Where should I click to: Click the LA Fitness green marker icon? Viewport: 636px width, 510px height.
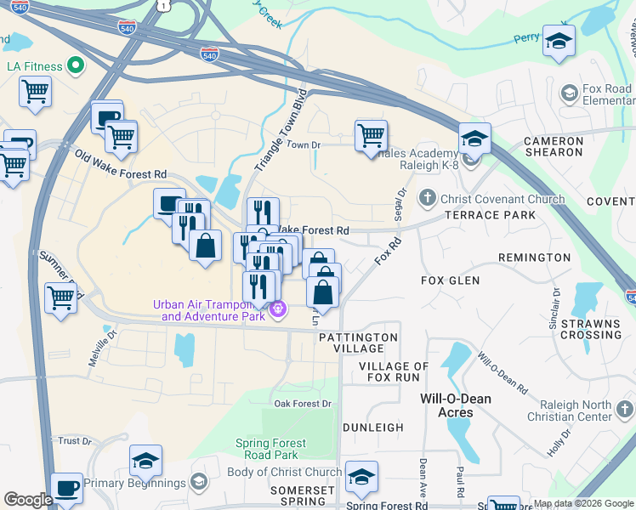click(x=74, y=65)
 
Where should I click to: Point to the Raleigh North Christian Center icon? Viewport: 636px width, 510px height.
click(x=624, y=411)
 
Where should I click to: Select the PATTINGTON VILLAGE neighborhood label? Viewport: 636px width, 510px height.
click(x=358, y=343)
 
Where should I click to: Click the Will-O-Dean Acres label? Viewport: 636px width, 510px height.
click(x=457, y=405)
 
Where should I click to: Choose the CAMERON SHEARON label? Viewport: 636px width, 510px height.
click(x=554, y=148)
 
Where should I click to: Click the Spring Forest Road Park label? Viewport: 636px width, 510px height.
click(x=270, y=449)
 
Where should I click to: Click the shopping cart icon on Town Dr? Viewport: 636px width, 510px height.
click(x=371, y=135)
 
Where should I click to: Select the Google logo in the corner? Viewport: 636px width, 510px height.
click(x=28, y=500)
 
